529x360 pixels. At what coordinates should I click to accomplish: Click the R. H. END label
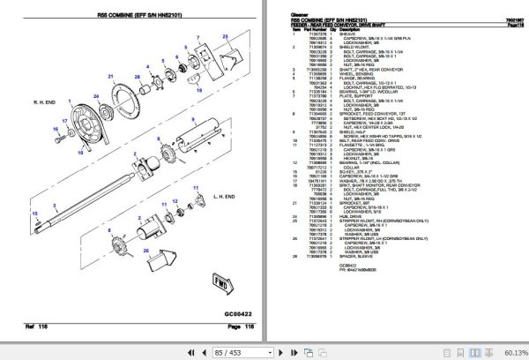46,103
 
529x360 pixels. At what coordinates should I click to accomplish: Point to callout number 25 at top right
225,35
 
